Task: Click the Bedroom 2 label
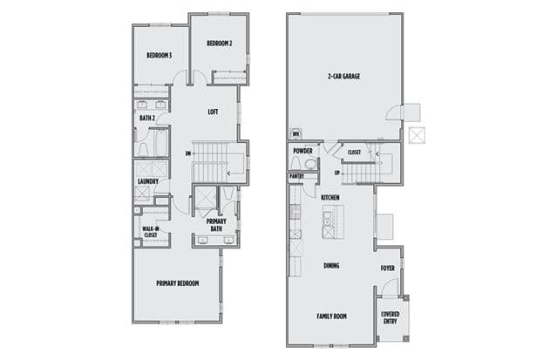pos(220,44)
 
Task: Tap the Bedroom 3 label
pos(160,56)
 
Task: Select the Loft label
pos(213,112)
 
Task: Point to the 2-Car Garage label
pos(343,76)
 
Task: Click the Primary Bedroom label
pos(178,283)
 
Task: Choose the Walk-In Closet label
pos(151,232)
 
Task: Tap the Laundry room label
pos(148,181)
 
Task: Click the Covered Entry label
pos(390,317)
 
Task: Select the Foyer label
pos(388,268)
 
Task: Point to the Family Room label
pos(332,316)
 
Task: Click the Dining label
pos(331,266)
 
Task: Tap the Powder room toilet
pos(295,163)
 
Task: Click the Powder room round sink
pos(311,164)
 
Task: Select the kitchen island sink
pos(327,219)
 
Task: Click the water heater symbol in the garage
pos(295,134)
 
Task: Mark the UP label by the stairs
pos(337,173)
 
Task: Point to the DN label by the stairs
pos(188,153)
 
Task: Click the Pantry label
pos(296,176)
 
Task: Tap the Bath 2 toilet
pos(144,150)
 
